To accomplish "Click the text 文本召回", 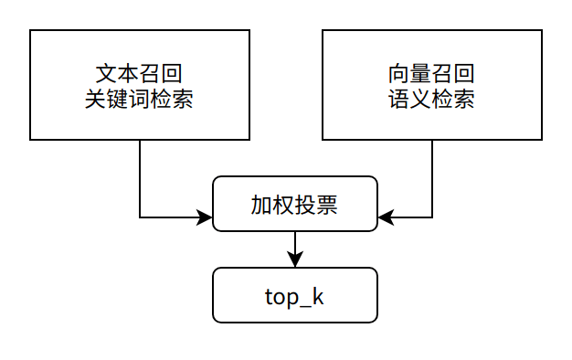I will pyautogui.click(x=139, y=73).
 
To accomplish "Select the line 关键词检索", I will pyautogui.click(x=139, y=99).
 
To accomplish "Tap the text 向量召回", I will pyautogui.click(x=431, y=73).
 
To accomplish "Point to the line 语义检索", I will pyautogui.click(x=431, y=99).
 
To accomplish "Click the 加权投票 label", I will pyautogui.click(x=294, y=204).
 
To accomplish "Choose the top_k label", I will pyautogui.click(x=294, y=296).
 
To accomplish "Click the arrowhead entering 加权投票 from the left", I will pyautogui.click(x=206, y=217).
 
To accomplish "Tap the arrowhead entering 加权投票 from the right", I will pyautogui.click(x=385, y=217).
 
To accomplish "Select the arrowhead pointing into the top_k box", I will pyautogui.click(x=295, y=260).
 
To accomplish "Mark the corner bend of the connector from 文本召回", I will pyautogui.click(x=140, y=217).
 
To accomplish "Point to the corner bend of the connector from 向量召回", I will pyautogui.click(x=432, y=217).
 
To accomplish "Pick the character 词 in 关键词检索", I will pyautogui.click(x=139, y=99).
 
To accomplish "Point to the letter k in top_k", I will pyautogui.click(x=319, y=295).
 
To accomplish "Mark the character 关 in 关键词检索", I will pyautogui.click(x=95, y=99).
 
